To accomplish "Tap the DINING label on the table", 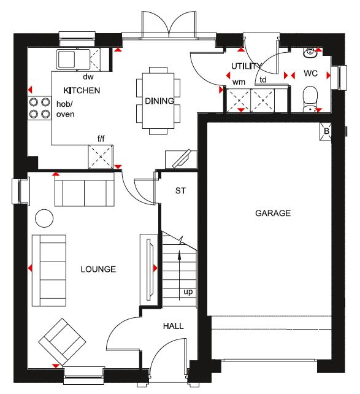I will click(x=159, y=101).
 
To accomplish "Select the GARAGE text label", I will click(x=273, y=214).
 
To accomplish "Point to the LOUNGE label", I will click(x=98, y=269).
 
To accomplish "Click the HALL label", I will click(x=174, y=326).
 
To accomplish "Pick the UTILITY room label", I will click(x=247, y=66).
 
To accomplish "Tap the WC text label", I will click(x=312, y=74).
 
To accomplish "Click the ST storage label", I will click(x=180, y=191).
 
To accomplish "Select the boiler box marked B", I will click(x=326, y=131).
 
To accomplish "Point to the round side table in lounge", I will click(x=44, y=217).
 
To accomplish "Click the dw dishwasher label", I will click(x=88, y=77).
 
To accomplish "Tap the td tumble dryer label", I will click(x=263, y=80).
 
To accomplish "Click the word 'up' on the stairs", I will click(x=188, y=292).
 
